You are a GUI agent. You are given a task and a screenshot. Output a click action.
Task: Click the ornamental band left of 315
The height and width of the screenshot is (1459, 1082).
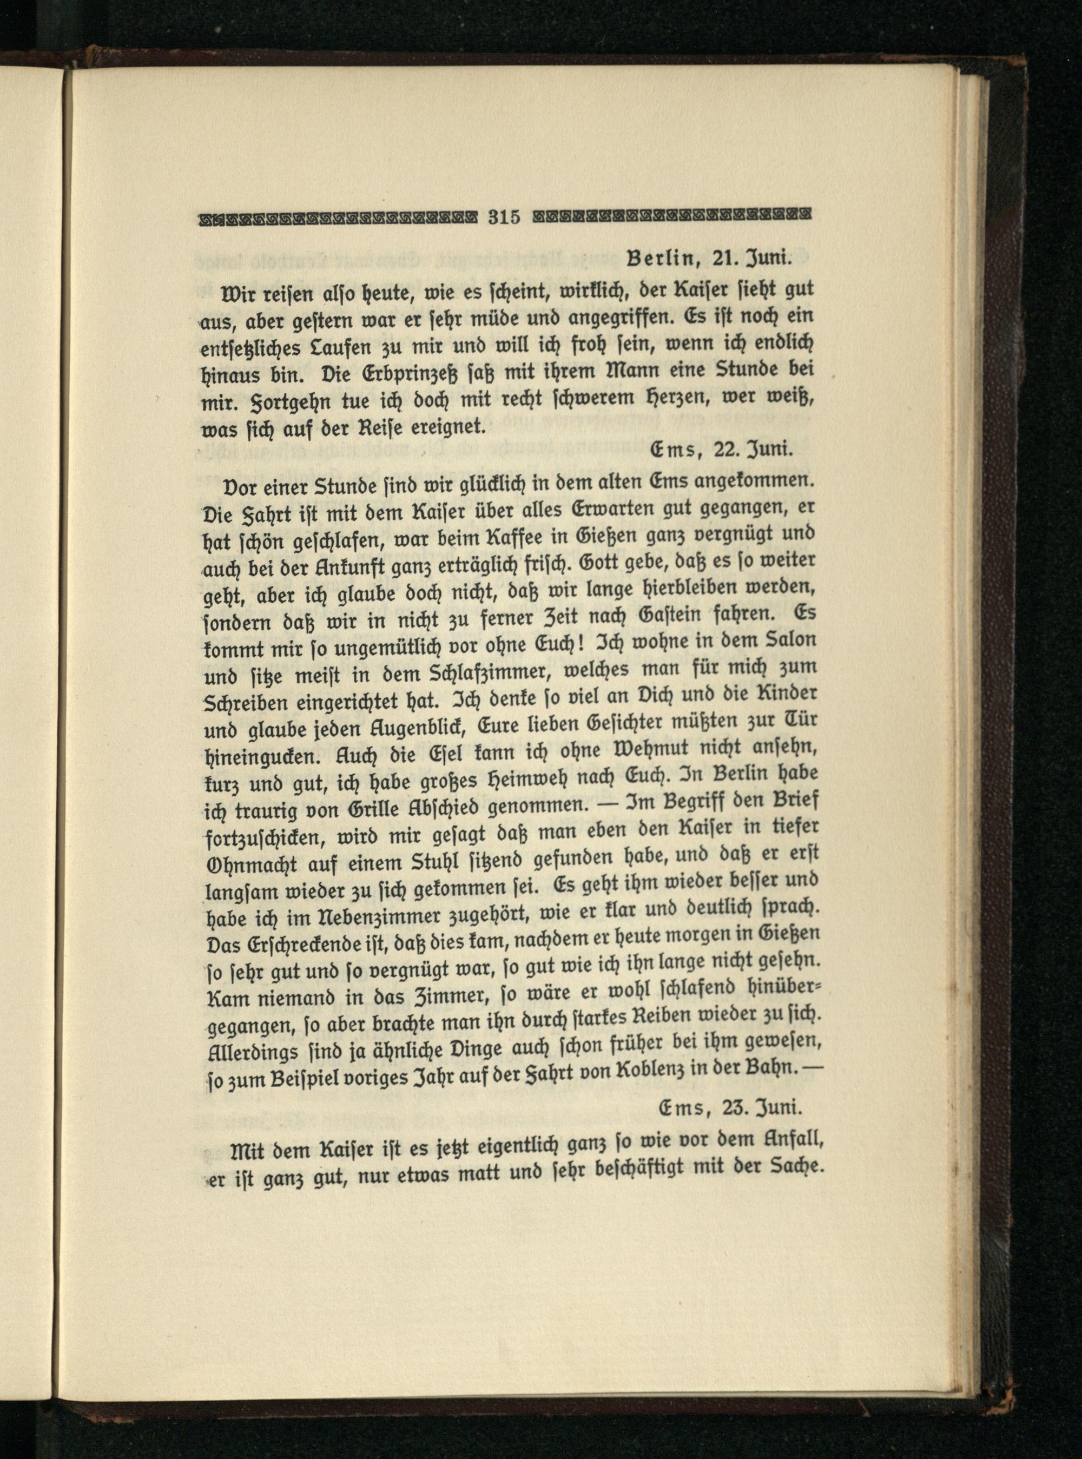[341, 215]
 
